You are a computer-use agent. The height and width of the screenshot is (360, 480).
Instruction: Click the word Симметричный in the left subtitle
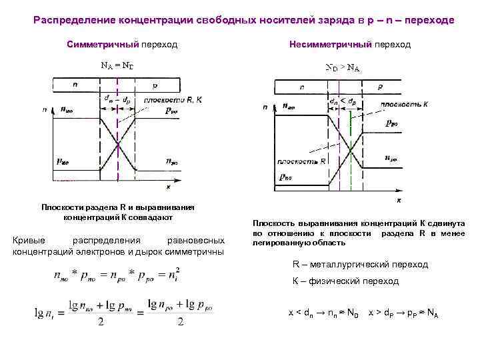[x=102, y=45]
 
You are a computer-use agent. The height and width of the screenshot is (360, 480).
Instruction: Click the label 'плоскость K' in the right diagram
[x=403, y=105]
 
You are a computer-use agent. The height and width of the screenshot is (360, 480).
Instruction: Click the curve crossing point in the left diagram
[x=118, y=145]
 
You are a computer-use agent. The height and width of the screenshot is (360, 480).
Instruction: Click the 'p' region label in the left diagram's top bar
[x=155, y=86]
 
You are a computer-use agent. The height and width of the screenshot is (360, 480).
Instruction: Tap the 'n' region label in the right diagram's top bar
[x=303, y=87]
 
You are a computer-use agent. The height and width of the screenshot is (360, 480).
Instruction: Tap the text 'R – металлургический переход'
[x=360, y=265]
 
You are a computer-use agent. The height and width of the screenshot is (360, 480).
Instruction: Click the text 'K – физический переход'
[x=345, y=281]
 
